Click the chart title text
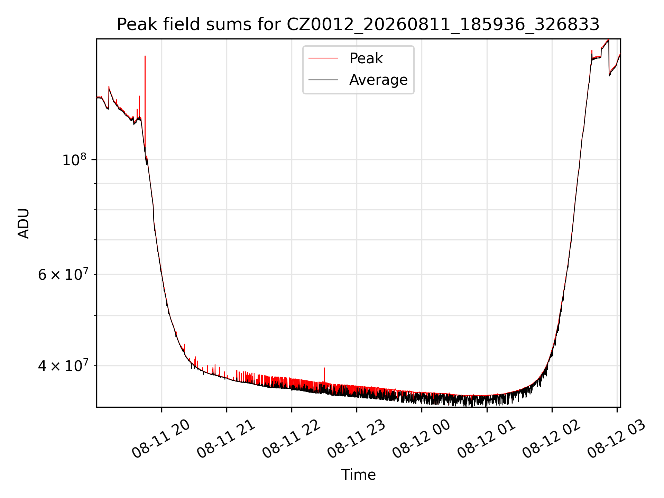point(358,25)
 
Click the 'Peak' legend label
point(366,58)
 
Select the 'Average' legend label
point(378,80)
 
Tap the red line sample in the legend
point(323,58)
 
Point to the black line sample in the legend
point(323,80)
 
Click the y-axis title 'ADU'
point(24,223)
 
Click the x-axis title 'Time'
point(358,475)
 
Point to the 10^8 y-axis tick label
point(74,160)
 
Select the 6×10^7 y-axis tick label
point(63,275)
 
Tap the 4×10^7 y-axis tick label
point(63,366)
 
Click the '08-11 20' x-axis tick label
point(161,439)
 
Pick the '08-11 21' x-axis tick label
point(226,439)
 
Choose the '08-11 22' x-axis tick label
point(292,439)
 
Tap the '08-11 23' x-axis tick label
point(357,439)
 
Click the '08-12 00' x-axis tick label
point(422,439)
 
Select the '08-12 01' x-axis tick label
point(487,439)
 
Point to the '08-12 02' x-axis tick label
point(552,439)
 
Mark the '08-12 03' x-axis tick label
point(617,439)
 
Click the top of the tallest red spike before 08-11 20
point(145,56)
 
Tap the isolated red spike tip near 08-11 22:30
point(324,368)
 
